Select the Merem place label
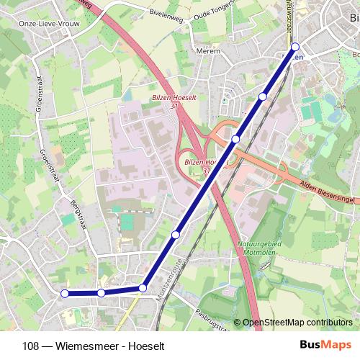pos(207,52)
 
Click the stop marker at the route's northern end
pos(295,47)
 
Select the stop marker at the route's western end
pos(65,293)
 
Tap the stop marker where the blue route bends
pos(143,288)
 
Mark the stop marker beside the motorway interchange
pos(235,139)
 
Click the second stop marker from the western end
pos(101,293)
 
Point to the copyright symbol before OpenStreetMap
pos(237,323)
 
